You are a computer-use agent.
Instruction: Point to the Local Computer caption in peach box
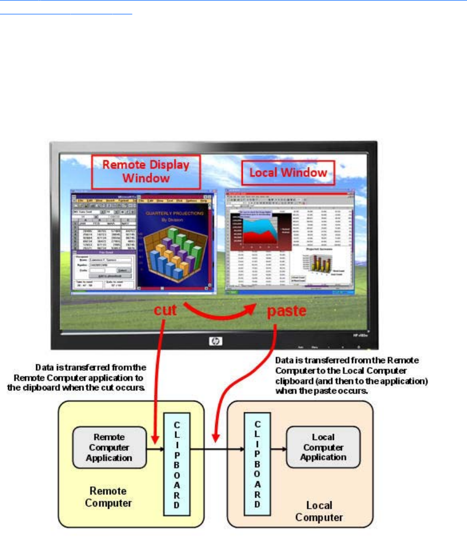point(319,511)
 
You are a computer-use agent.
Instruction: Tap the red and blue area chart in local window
point(256,229)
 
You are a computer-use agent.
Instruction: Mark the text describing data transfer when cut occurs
point(91,378)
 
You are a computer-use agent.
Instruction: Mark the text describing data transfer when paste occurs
point(351,375)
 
